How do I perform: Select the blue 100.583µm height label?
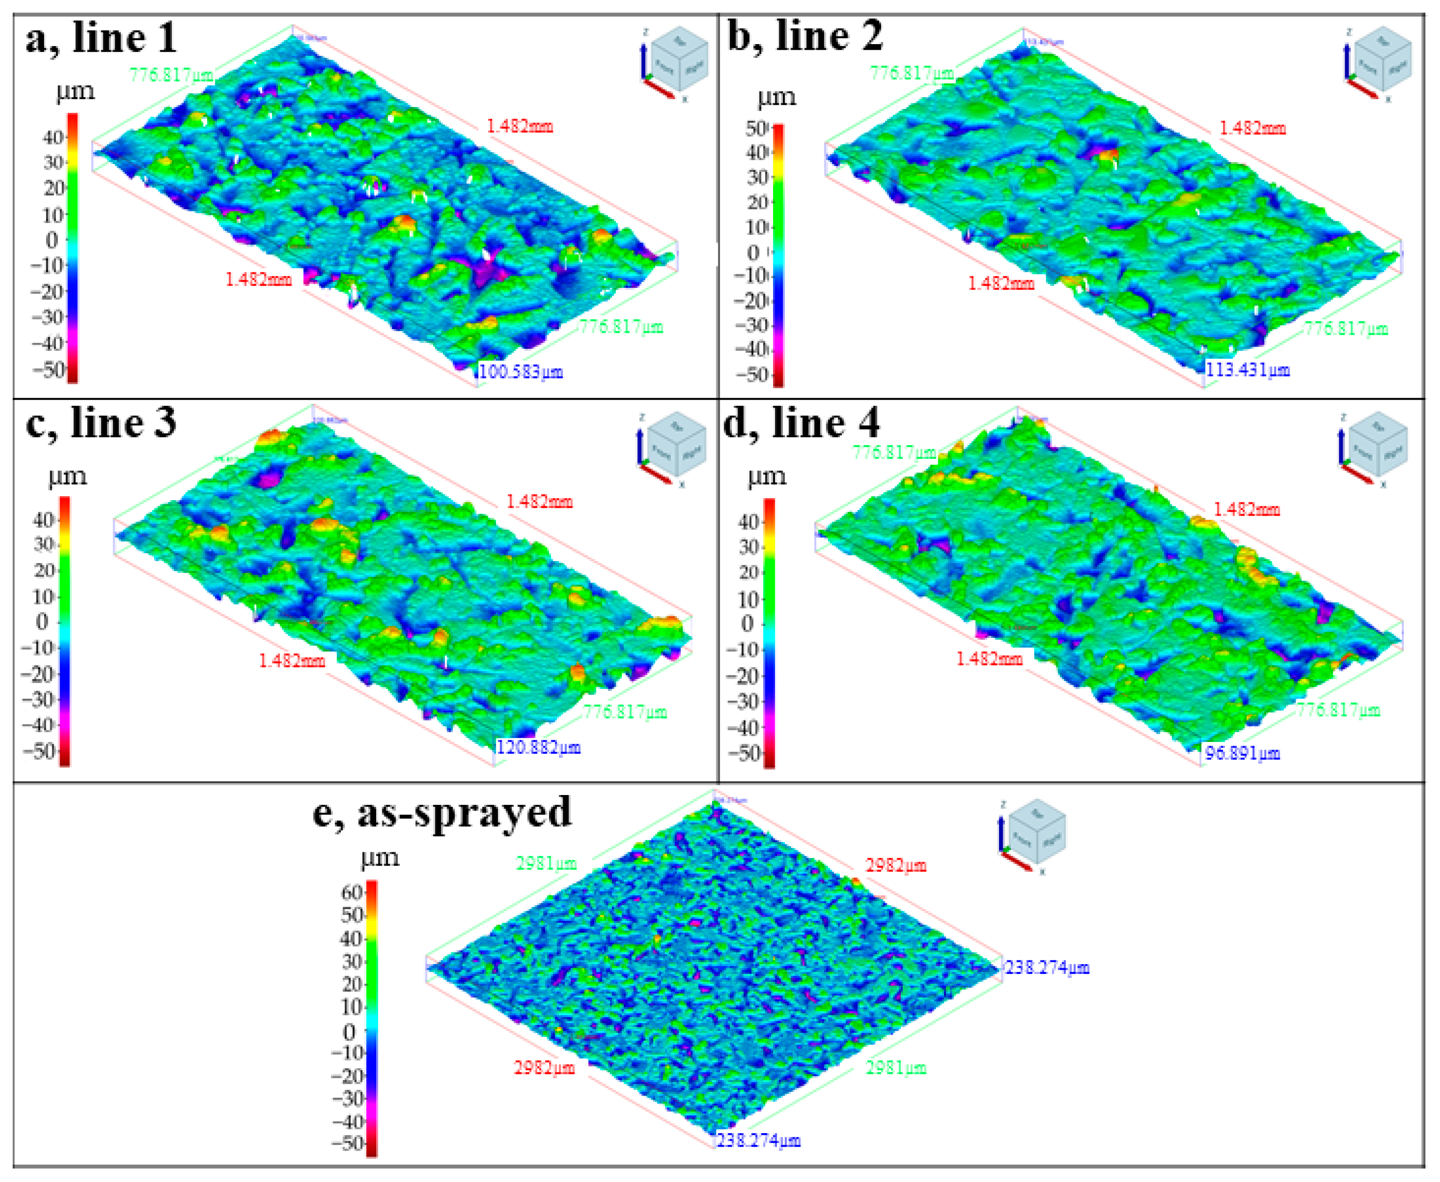tap(521, 372)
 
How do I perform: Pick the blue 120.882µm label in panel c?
tap(538, 748)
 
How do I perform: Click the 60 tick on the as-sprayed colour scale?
tap(351, 892)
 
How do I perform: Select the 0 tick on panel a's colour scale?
tap(52, 239)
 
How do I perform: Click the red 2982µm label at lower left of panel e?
tap(543, 1067)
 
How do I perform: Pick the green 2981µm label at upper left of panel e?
tap(546, 863)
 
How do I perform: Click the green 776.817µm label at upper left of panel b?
tap(911, 72)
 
